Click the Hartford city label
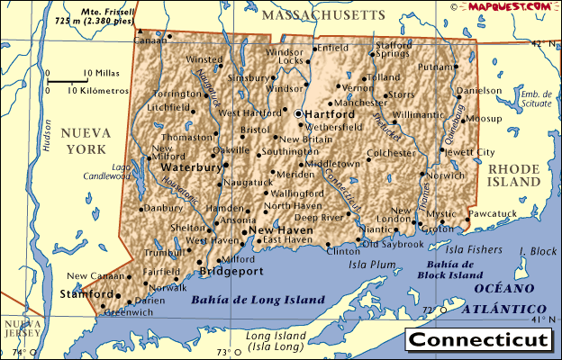click(x=330, y=114)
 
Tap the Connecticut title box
click(x=477, y=340)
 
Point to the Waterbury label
click(x=191, y=167)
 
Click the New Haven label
click(x=281, y=230)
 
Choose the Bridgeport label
click(x=231, y=270)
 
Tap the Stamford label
click(x=86, y=294)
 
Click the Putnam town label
click(x=436, y=67)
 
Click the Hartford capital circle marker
click(x=298, y=114)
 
